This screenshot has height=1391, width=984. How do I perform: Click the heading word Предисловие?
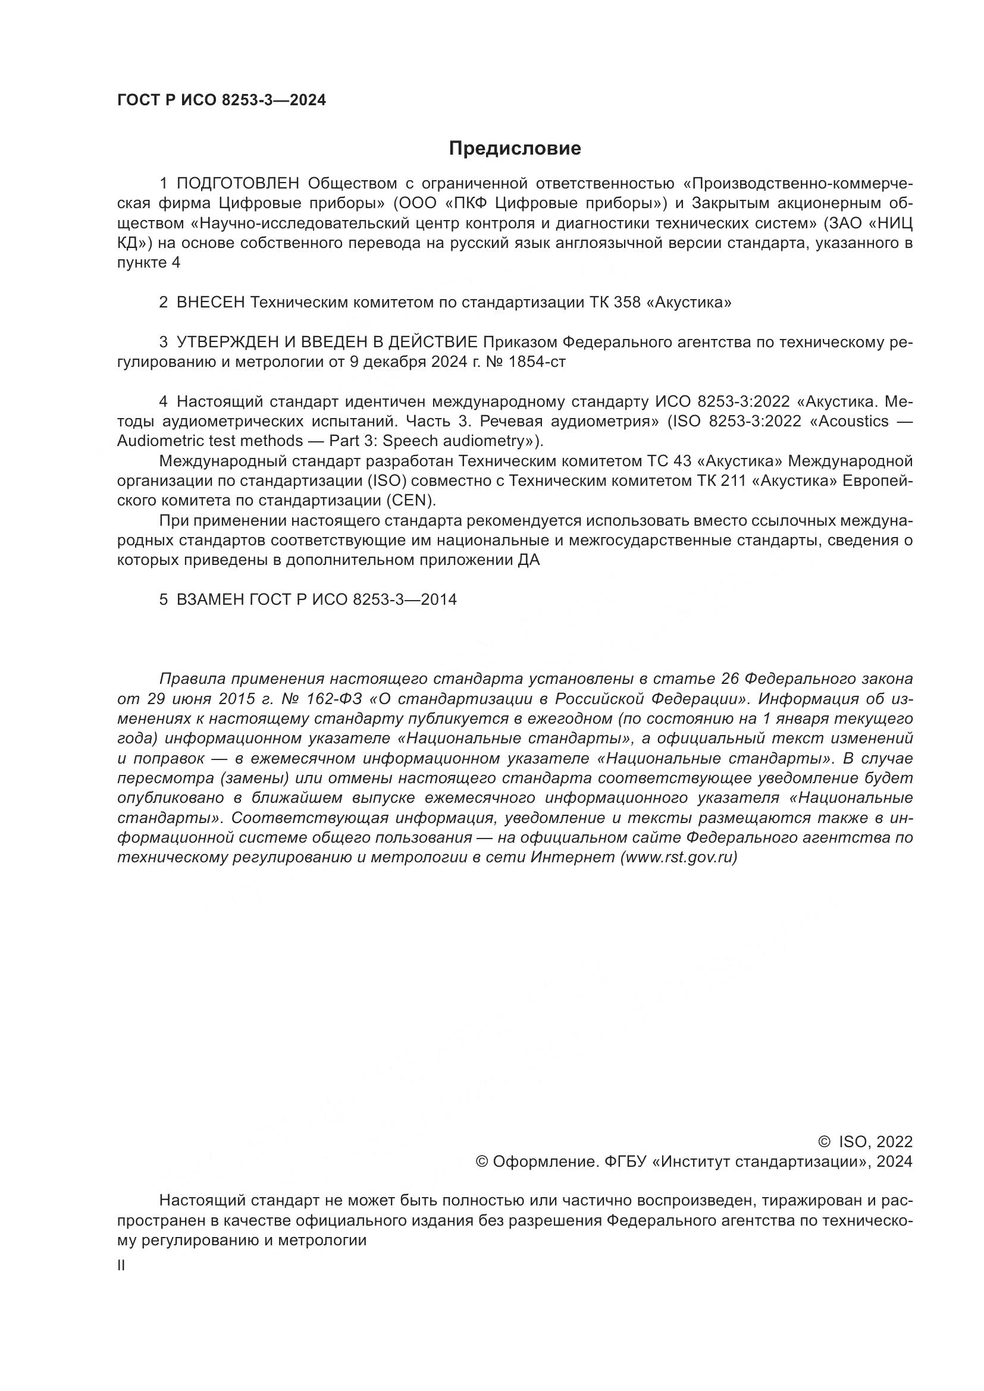point(515,149)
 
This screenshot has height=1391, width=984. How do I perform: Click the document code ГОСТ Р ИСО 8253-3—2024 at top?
point(221,101)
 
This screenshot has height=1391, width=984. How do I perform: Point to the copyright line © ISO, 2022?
point(865,1142)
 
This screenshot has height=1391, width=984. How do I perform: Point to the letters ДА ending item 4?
point(528,560)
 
